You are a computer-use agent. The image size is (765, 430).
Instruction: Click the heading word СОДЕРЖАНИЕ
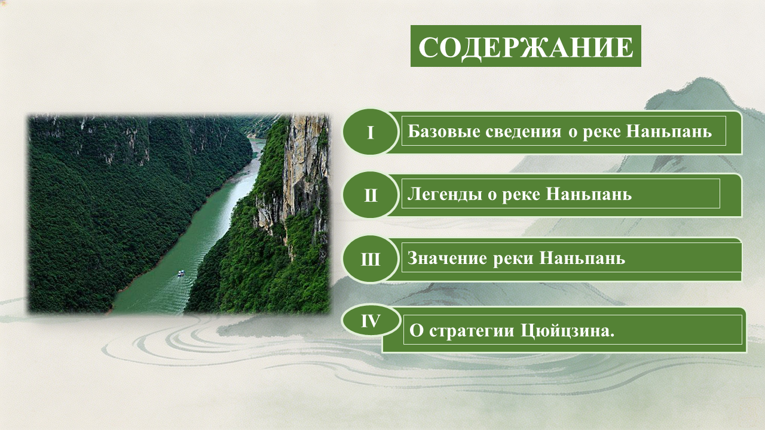click(x=525, y=47)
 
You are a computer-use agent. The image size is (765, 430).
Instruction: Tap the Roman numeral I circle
click(x=371, y=132)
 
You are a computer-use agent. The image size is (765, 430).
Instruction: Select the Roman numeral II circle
click(x=371, y=195)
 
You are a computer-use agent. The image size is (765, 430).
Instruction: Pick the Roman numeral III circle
click(x=371, y=259)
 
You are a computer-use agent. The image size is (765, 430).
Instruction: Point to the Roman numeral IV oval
click(x=371, y=321)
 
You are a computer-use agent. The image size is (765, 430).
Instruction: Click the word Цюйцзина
click(x=567, y=331)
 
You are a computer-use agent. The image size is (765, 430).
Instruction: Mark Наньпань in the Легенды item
click(x=589, y=195)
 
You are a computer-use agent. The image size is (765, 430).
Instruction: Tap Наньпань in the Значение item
click(x=582, y=259)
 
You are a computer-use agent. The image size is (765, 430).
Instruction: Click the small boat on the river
click(x=181, y=273)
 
